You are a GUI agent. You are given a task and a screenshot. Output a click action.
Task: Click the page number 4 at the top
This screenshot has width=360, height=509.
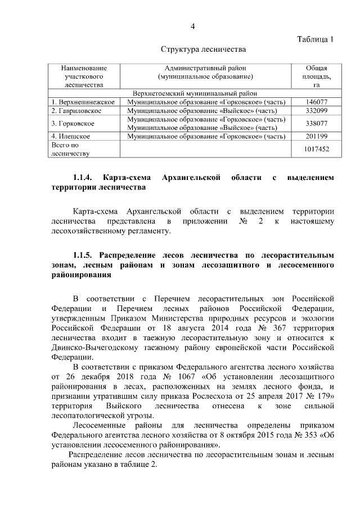click(192, 26)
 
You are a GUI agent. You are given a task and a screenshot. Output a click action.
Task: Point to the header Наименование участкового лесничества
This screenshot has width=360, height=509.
click(83, 76)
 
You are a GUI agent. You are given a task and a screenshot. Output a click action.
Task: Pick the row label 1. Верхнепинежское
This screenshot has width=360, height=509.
click(83, 102)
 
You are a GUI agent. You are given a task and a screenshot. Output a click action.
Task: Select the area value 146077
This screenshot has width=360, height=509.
click(316, 102)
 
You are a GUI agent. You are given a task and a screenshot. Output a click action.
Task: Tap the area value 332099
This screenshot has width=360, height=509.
click(316, 111)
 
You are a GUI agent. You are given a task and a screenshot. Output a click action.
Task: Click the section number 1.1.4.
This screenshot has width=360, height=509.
click(84, 178)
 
